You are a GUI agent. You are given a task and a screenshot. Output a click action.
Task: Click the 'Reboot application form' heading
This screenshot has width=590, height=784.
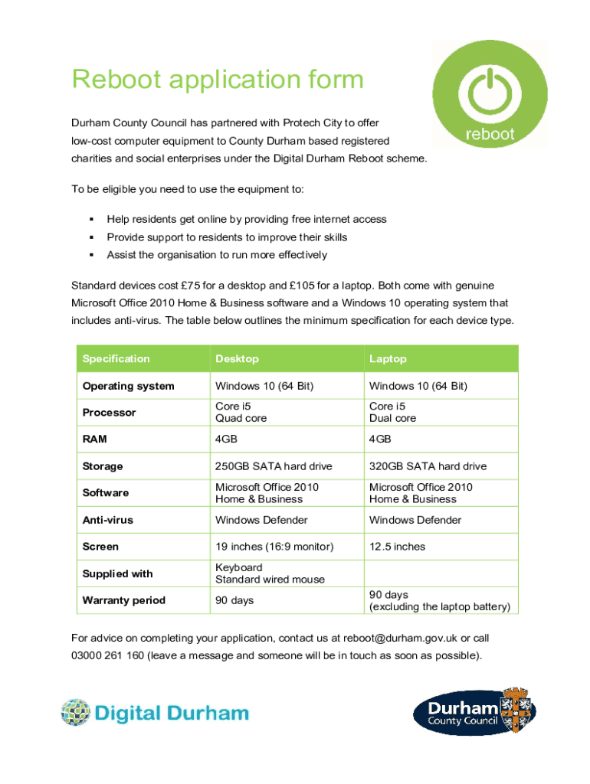[x=218, y=80]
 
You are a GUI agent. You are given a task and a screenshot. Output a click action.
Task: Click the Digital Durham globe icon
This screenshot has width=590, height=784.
[x=76, y=712]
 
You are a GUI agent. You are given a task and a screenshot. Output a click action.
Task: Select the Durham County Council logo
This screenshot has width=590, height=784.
[x=474, y=711]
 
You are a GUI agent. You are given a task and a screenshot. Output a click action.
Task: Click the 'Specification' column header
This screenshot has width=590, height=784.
[x=116, y=359]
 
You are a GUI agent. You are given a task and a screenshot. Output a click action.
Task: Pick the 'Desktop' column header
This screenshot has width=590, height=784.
[x=237, y=359]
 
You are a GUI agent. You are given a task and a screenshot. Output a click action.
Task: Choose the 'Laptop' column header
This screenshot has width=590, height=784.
[x=388, y=359]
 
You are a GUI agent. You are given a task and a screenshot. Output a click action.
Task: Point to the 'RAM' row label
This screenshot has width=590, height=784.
[x=95, y=439]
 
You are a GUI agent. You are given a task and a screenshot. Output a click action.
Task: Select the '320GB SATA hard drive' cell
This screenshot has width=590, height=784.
[x=428, y=466]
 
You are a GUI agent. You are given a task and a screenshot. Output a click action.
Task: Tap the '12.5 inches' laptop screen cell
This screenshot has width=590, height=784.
[x=397, y=547]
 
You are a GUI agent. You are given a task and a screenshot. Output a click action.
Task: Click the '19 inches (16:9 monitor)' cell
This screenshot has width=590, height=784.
[x=274, y=547]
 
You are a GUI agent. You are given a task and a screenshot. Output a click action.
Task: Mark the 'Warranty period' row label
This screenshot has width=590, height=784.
[x=123, y=600]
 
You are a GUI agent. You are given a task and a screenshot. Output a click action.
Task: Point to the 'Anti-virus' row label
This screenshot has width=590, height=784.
[x=107, y=520]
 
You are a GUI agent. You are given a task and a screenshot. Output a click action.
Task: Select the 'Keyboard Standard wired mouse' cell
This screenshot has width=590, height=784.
[x=259, y=573]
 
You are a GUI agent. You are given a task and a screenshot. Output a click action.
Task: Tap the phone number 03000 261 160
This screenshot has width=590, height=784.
[x=107, y=655]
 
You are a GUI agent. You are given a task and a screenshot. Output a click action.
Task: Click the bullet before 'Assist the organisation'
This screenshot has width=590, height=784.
[x=90, y=255]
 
